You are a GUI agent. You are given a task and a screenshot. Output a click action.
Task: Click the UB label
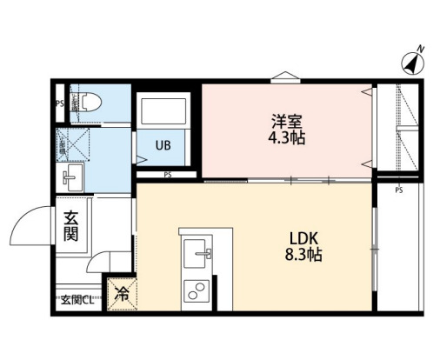point(163,145)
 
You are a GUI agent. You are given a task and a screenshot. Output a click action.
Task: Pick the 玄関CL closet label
point(78,300)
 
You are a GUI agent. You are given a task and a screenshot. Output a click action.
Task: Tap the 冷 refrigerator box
point(122,293)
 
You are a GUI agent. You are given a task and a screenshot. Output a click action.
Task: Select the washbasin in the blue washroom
point(70,177)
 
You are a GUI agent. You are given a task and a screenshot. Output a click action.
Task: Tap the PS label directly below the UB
point(167,174)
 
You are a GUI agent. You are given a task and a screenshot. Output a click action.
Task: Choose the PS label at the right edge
point(399,189)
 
